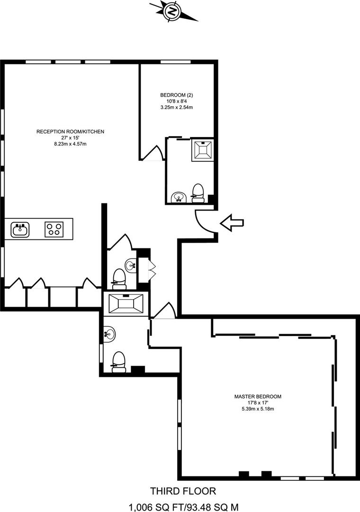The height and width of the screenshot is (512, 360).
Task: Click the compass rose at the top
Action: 173,12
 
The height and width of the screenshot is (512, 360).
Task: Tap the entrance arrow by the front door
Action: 232,223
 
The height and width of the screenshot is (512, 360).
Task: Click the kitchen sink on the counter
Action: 20,229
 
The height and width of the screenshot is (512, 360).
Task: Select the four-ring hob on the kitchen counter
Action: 54,229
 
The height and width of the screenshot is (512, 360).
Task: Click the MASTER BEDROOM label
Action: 258,396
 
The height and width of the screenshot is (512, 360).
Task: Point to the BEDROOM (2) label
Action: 177,95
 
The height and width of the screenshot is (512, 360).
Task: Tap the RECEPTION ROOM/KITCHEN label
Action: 70,132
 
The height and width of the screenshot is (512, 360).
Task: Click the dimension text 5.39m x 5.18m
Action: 258,409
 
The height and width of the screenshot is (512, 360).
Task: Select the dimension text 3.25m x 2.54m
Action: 177,107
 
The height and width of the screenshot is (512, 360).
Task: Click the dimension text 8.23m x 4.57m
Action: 70,144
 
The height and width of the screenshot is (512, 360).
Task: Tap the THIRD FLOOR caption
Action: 183,491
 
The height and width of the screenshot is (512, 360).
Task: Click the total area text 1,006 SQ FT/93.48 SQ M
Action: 184,507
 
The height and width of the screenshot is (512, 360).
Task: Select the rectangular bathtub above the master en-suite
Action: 126,304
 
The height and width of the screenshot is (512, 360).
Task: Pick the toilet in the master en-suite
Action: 118,362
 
